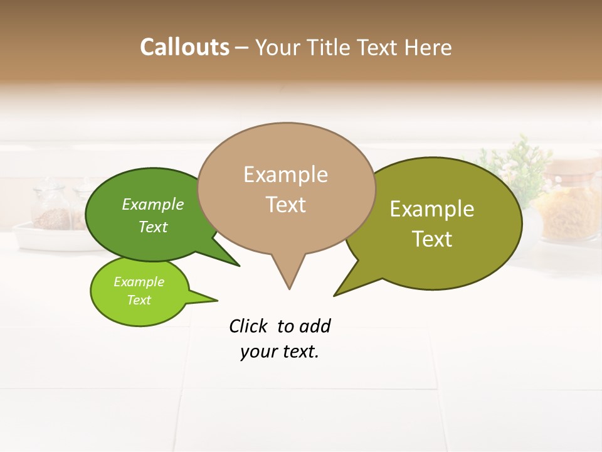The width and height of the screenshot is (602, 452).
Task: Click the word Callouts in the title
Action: tap(184, 47)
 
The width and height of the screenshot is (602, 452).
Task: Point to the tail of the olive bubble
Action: tap(348, 286)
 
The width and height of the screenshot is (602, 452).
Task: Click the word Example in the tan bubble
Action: tap(285, 175)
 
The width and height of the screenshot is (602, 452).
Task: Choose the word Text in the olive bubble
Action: tap(432, 239)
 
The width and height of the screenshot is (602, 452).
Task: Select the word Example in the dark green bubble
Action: tap(153, 204)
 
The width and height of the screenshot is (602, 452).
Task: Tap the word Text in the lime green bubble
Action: tap(139, 300)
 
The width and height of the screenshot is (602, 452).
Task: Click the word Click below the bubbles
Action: tap(248, 326)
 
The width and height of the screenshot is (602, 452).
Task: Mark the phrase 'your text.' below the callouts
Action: tap(280, 352)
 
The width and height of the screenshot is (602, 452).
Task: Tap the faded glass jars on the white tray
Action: tap(53, 210)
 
